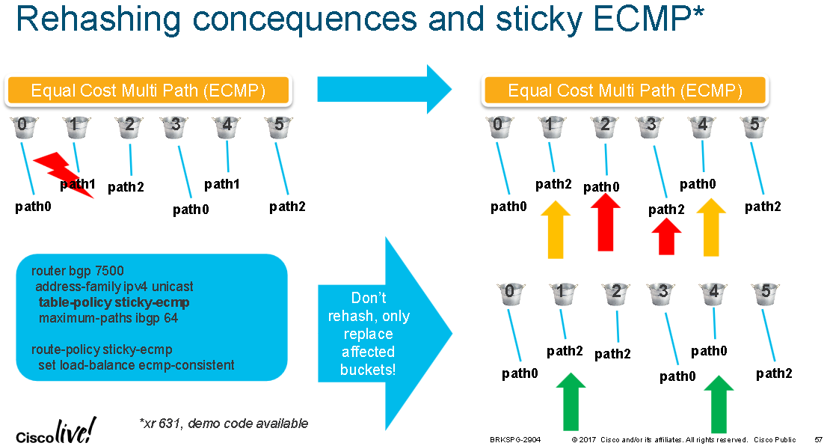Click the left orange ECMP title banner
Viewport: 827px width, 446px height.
coord(148,91)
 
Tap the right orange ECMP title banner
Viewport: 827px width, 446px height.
coord(625,91)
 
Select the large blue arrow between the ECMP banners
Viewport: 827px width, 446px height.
coord(384,89)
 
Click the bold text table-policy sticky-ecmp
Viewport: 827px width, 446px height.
coord(114,302)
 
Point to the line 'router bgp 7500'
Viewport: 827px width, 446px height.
coord(78,271)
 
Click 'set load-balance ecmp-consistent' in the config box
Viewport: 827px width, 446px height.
coord(136,365)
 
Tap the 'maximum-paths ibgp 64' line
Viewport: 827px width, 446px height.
coord(108,318)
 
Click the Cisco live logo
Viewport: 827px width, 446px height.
coord(56,431)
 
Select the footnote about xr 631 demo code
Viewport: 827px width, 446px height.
coord(224,424)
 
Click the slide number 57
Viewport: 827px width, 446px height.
coord(818,440)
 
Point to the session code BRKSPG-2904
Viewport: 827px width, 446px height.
coord(515,440)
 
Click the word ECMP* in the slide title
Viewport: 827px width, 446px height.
coord(648,19)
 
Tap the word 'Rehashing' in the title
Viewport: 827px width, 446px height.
coord(99,20)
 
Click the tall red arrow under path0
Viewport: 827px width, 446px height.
coord(606,222)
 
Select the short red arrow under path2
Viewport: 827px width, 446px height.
coord(667,236)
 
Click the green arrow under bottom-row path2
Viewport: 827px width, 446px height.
coord(571,402)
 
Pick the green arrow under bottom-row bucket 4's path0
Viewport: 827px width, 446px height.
coord(719,404)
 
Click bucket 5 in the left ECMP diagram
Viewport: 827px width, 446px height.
coord(278,126)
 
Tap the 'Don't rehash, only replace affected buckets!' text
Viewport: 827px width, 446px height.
coord(368,334)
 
